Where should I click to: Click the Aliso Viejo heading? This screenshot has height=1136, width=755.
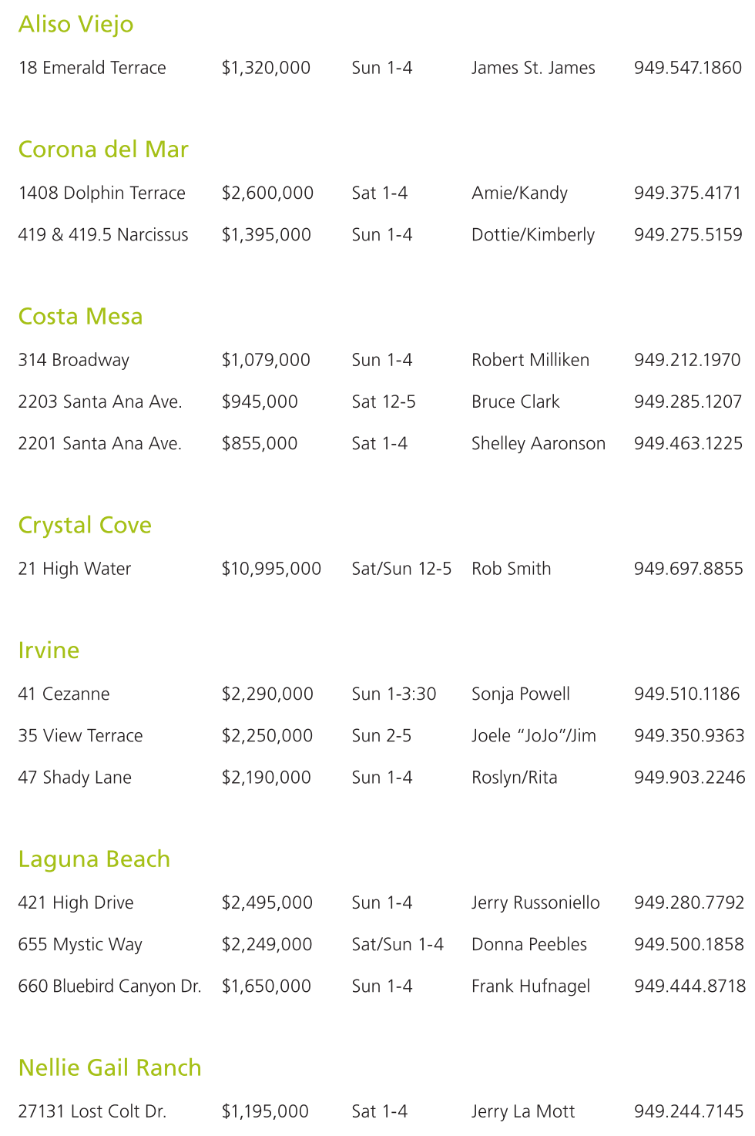point(75,25)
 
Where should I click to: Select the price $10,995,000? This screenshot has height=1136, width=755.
point(271,569)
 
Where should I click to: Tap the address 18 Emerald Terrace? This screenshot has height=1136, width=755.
point(92,68)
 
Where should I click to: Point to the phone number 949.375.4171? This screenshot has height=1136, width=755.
point(687,193)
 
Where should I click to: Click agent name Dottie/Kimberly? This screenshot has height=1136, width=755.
point(533,234)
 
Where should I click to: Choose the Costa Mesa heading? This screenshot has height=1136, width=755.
point(80,317)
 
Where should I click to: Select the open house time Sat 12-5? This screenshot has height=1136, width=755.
point(384,402)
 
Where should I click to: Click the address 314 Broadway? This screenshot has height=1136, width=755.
point(73,360)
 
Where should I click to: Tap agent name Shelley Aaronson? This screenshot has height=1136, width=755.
point(539,443)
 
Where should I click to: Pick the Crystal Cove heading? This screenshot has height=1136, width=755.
point(85,526)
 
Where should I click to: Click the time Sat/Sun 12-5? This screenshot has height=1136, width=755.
point(401,569)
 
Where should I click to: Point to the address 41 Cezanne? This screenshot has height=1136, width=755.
point(63,694)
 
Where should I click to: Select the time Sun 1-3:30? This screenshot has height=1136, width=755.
point(394,694)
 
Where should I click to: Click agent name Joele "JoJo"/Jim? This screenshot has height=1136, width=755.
point(534,735)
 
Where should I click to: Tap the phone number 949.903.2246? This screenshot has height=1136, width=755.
point(690,777)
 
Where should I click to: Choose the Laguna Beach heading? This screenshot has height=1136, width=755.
point(94,859)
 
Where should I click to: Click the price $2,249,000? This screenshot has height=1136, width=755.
point(267,944)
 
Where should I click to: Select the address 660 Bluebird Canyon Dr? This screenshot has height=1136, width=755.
point(109,986)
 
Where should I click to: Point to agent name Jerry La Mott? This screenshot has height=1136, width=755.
point(523,1111)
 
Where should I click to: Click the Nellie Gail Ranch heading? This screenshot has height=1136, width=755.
point(109,1068)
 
